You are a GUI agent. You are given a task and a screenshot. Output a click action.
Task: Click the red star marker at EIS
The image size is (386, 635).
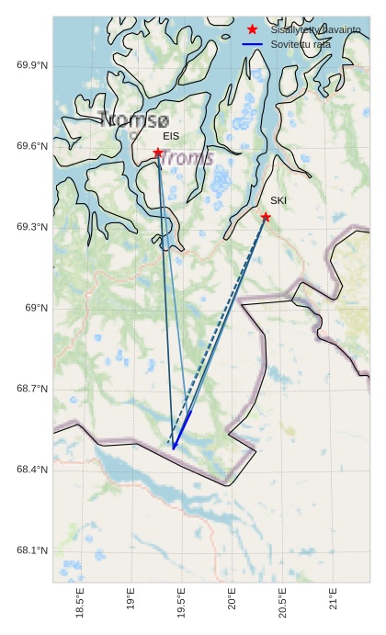pyautogui.click(x=158, y=153)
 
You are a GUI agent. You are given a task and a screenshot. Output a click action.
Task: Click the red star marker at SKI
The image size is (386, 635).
pyautogui.click(x=266, y=217)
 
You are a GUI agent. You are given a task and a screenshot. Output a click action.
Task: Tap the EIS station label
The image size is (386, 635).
pyautogui.click(x=171, y=136)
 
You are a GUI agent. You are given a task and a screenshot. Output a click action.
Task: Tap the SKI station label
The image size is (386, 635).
pyautogui.click(x=278, y=200)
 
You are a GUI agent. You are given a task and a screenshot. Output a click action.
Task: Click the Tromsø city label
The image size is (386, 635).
pyautogui.click(x=133, y=120)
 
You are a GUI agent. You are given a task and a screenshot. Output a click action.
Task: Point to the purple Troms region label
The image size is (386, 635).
pyautogui.click(x=187, y=157)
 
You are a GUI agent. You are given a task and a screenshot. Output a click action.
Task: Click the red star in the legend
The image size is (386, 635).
pyautogui.click(x=252, y=29)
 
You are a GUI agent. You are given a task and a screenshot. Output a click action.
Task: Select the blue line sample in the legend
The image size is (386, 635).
pyautogui.click(x=253, y=44)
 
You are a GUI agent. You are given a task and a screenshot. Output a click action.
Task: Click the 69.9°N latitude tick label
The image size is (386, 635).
pyautogui.click(x=32, y=65)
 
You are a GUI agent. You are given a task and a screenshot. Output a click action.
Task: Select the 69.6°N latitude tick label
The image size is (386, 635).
pyautogui.click(x=32, y=146)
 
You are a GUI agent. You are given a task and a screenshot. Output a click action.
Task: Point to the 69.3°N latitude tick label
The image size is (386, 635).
pyautogui.click(x=32, y=227)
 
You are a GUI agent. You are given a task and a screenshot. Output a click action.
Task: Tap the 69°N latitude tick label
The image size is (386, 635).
pyautogui.click(x=37, y=308)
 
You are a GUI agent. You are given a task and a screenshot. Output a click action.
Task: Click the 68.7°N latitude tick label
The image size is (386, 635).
pyautogui.click(x=32, y=389)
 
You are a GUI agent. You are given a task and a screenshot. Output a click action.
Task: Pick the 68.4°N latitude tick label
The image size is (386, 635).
pyautogui.click(x=32, y=470)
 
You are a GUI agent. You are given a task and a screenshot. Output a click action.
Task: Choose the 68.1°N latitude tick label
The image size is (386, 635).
pyautogui.click(x=32, y=550)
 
